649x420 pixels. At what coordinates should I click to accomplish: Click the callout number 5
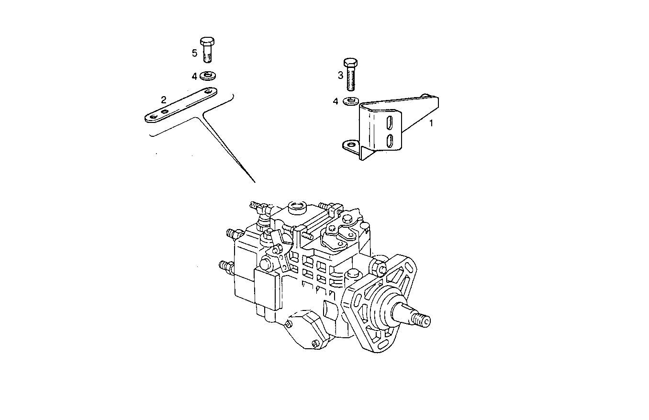[195, 53]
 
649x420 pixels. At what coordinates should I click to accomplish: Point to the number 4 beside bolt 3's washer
[336, 101]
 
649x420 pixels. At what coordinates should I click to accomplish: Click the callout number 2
[164, 100]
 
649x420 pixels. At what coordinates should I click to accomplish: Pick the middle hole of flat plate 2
[165, 112]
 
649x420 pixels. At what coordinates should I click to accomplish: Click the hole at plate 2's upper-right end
[208, 91]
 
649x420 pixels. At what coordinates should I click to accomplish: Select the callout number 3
[340, 75]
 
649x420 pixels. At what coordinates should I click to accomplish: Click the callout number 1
[431, 123]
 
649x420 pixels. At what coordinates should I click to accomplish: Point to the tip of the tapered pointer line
[254, 182]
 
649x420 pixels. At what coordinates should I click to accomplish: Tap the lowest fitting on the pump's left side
[224, 265]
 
